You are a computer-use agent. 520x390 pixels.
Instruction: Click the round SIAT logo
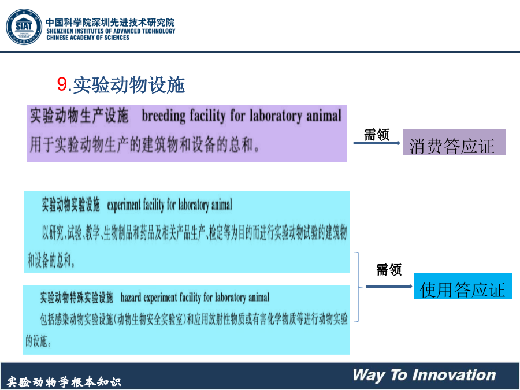click(24, 27)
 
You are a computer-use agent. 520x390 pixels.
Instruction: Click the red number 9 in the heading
click(62, 84)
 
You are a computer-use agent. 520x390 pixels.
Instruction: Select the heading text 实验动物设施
click(129, 84)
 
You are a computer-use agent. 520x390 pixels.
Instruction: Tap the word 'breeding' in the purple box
click(164, 116)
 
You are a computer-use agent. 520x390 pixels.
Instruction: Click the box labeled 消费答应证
click(454, 143)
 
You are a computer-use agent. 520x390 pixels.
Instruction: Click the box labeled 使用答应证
click(463, 287)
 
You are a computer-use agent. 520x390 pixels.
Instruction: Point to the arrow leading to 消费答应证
click(377, 143)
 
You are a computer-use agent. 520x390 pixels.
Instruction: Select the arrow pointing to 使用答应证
click(389, 286)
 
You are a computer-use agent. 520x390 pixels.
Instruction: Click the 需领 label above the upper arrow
click(376, 135)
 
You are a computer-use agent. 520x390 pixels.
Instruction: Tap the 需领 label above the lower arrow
click(389, 270)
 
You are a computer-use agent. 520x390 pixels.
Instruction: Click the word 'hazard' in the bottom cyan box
click(131, 298)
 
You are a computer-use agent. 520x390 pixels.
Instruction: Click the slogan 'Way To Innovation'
click(424, 375)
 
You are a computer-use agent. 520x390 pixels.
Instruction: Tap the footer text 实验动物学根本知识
click(64, 382)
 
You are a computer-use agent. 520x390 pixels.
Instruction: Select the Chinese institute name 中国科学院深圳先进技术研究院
click(110, 22)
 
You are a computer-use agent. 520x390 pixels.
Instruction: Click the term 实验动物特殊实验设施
click(77, 297)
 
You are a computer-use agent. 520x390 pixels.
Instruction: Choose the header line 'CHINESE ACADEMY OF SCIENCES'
click(88, 38)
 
